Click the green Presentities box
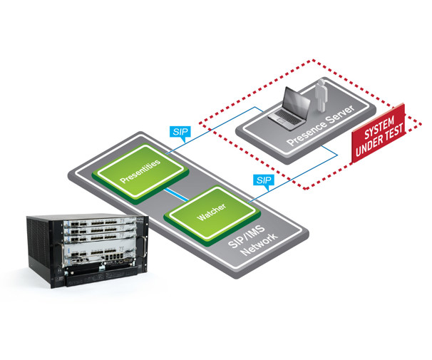click(140, 171)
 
